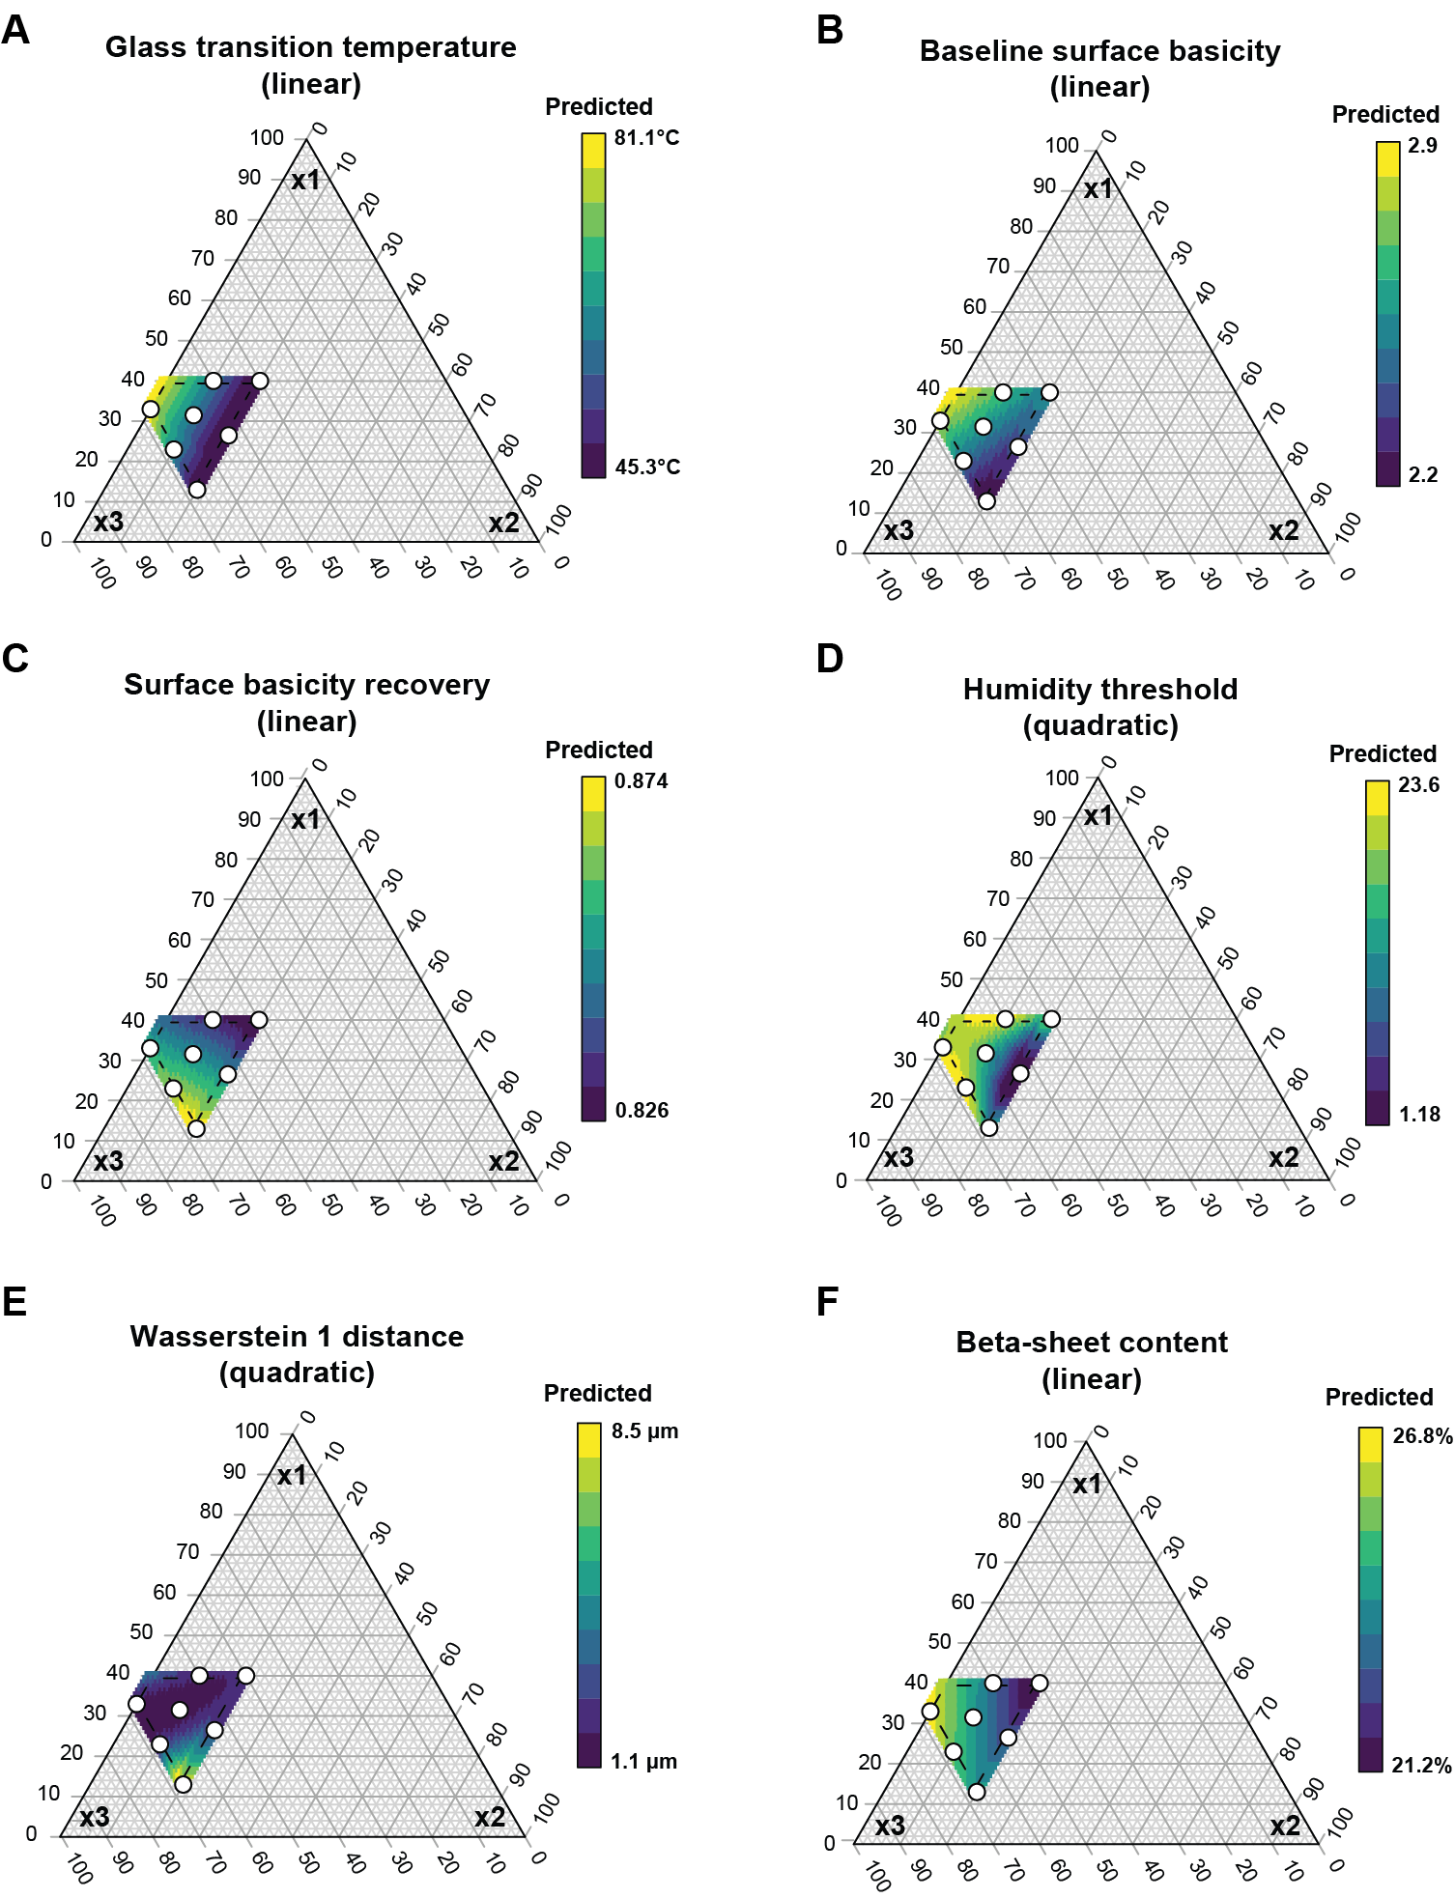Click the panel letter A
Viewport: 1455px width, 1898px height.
coord(15,31)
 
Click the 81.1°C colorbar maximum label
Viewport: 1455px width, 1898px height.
coord(646,138)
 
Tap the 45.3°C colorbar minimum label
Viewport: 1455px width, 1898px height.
coord(647,467)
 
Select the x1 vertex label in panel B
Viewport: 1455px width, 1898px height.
coord(1098,188)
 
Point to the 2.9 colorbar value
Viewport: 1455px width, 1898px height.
coord(1422,146)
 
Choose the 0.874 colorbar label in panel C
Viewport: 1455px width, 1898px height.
coord(642,781)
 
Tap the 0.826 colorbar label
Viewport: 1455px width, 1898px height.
coord(642,1111)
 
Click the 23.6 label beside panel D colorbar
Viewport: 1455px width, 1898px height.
coord(1418,785)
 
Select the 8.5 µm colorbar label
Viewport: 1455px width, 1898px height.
coord(644,1431)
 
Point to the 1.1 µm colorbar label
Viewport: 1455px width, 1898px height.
coord(643,1762)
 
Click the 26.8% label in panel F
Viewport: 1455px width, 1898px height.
coord(1422,1436)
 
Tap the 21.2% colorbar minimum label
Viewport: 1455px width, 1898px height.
coord(1422,1766)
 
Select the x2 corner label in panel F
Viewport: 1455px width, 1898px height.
coord(1285,1827)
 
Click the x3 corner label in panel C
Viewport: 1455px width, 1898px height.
coord(108,1161)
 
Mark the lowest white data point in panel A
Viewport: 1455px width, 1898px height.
coord(197,490)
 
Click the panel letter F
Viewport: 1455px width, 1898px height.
coord(828,1302)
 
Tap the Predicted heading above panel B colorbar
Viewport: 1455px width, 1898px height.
coord(1385,115)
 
